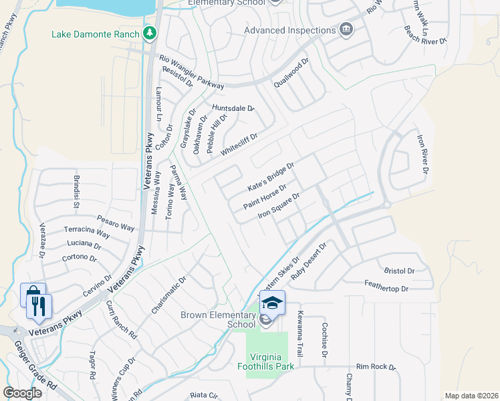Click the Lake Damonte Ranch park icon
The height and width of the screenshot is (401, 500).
[x=150, y=33]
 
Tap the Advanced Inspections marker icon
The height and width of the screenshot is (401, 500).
[x=346, y=30]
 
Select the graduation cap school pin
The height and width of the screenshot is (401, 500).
[x=272, y=303]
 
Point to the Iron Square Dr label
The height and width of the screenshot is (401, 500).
[x=278, y=205]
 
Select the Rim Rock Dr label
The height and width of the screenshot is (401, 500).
[x=376, y=367]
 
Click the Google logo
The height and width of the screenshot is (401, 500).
[x=22, y=393]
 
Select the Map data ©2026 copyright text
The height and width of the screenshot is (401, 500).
[x=471, y=396]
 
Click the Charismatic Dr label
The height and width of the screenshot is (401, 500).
[x=168, y=294]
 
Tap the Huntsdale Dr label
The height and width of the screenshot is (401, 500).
[x=233, y=108]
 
